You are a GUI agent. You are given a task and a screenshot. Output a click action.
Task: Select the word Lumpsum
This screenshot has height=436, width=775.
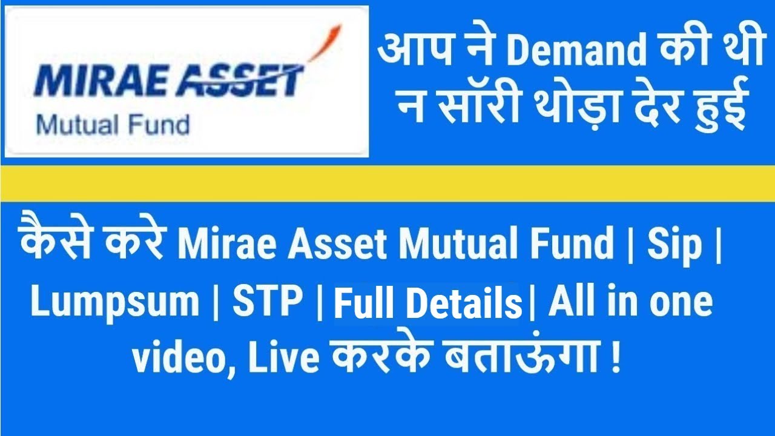tap(115, 302)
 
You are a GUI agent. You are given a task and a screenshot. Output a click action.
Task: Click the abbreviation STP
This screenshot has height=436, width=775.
tap(268, 302)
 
